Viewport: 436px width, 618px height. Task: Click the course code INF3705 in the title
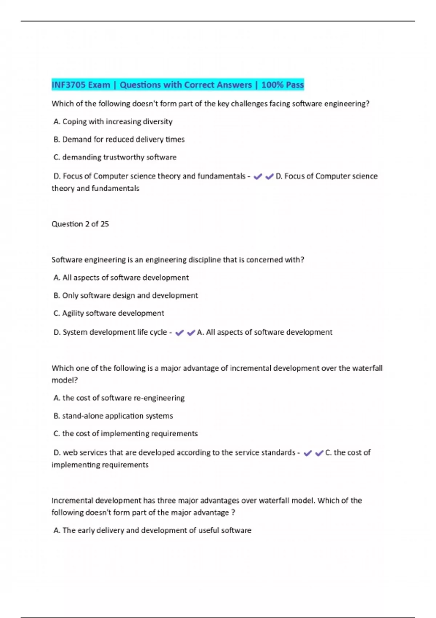(x=69, y=85)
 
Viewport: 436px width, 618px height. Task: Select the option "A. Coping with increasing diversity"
(x=113, y=122)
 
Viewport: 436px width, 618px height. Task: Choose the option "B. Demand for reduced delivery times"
(x=119, y=140)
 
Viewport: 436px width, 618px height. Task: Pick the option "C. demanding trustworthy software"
(x=115, y=157)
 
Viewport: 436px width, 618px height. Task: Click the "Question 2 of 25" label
(x=80, y=224)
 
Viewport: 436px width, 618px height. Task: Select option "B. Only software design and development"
(x=125, y=296)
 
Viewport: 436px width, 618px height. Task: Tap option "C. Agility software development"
(x=109, y=313)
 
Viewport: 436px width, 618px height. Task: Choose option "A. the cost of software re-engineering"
(x=119, y=398)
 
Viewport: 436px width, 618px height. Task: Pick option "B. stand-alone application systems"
(x=113, y=416)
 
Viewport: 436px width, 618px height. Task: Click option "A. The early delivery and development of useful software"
(x=152, y=530)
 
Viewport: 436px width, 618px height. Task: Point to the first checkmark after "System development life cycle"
(x=179, y=333)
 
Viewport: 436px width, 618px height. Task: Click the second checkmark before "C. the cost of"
(x=319, y=453)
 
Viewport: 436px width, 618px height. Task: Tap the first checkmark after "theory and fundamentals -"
(x=258, y=177)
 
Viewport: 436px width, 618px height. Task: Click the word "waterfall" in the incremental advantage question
(x=367, y=368)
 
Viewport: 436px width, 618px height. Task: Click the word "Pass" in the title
(x=294, y=85)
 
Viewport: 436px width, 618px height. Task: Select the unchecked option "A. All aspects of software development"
(x=121, y=278)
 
